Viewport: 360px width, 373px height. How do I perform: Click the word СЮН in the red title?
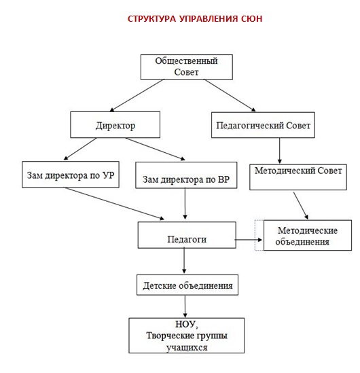click(251, 18)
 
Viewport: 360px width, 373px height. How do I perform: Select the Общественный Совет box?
click(186, 67)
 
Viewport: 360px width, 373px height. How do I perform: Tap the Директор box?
click(115, 124)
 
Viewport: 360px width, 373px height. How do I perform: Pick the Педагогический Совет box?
click(263, 125)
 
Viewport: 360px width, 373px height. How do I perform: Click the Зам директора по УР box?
click(71, 175)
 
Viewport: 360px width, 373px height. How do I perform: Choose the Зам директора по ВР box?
click(186, 175)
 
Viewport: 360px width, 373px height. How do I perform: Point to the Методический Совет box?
click(298, 177)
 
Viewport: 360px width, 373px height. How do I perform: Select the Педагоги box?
click(187, 235)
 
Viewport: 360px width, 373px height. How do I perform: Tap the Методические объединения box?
click(308, 235)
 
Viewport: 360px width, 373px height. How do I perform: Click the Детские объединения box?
click(187, 285)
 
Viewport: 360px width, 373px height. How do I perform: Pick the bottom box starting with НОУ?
click(186, 336)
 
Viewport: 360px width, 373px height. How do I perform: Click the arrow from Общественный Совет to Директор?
click(137, 95)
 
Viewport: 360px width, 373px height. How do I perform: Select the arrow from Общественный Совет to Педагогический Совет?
click(230, 95)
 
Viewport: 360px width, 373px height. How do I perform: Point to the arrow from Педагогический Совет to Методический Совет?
click(280, 151)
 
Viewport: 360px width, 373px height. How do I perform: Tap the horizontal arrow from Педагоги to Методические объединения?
click(249, 240)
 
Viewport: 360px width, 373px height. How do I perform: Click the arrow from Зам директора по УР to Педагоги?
click(115, 203)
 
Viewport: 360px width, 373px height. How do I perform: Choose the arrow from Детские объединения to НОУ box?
click(185, 306)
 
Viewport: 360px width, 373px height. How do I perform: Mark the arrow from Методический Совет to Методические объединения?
click(301, 206)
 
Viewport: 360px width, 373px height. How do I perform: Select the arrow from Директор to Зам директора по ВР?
click(156, 149)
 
